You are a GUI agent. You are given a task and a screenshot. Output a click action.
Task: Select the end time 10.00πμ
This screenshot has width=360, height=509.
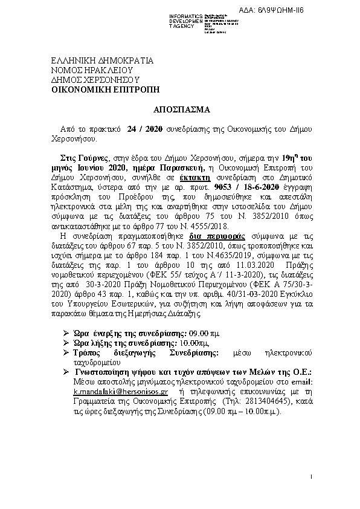click(175, 342)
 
